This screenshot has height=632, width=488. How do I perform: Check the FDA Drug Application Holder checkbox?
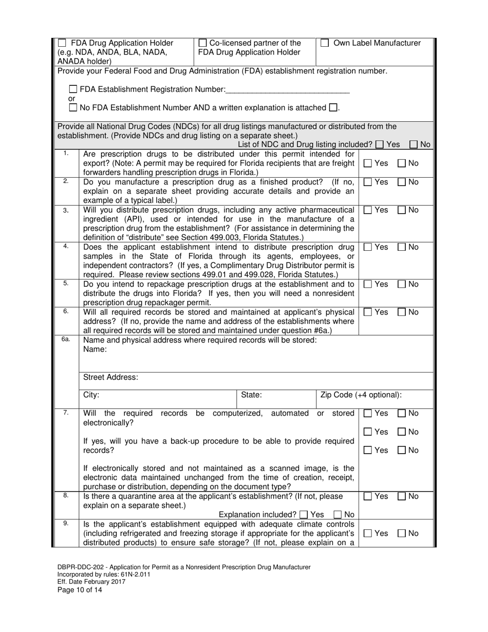point(62,44)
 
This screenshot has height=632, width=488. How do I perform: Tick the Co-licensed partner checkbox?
point(202,44)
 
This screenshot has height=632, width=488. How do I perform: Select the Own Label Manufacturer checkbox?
point(325,44)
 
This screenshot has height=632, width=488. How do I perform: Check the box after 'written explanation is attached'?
point(333,108)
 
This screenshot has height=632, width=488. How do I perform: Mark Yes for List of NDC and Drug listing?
point(380,145)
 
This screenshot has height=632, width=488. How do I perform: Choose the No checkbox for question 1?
point(402,163)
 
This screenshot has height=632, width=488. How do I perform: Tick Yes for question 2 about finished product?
point(368,182)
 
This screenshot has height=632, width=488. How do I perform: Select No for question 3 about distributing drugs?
point(402,210)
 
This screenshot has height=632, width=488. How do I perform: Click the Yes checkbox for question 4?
point(368,247)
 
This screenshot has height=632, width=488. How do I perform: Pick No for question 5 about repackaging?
point(402,284)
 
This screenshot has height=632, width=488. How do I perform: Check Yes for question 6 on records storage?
point(368,312)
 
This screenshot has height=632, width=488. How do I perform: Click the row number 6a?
point(66,340)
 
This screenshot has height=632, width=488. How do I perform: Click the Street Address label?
point(110,377)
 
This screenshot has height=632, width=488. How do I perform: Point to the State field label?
point(252,395)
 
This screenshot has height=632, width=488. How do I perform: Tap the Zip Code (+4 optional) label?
point(361,395)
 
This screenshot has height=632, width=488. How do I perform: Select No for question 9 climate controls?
point(402,533)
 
